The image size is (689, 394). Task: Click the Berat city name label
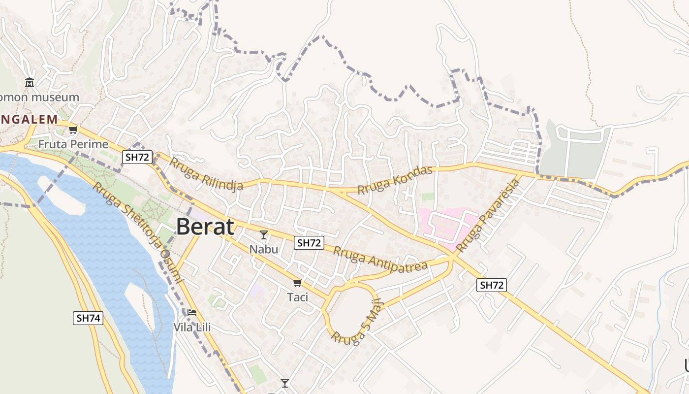tap(205, 227)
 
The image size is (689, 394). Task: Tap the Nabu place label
tap(263, 249)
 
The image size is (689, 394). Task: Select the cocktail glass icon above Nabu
tap(264, 235)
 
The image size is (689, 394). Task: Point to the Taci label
tap(297, 297)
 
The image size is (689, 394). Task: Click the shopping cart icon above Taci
tap(297, 283)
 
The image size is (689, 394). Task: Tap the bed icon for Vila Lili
tap(192, 313)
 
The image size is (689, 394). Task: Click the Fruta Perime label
tap(73, 144)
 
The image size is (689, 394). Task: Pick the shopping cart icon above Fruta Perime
tap(73, 130)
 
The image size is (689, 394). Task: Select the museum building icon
tap(30, 82)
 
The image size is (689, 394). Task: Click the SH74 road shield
tap(89, 318)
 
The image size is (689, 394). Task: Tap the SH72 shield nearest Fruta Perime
tap(138, 157)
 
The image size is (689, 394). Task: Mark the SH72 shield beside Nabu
tap(309, 243)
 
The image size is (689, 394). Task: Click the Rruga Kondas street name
tap(395, 180)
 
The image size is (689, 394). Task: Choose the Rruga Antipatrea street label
tap(380, 260)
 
